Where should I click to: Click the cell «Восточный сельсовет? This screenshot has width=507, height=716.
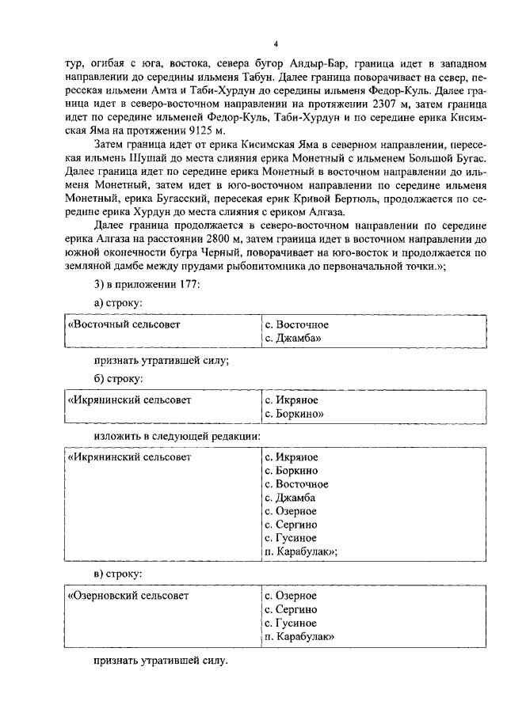coord(125,325)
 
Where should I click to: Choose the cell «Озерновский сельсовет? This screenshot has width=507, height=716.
coord(129,596)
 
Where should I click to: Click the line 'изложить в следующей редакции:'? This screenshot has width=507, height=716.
coord(175,436)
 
